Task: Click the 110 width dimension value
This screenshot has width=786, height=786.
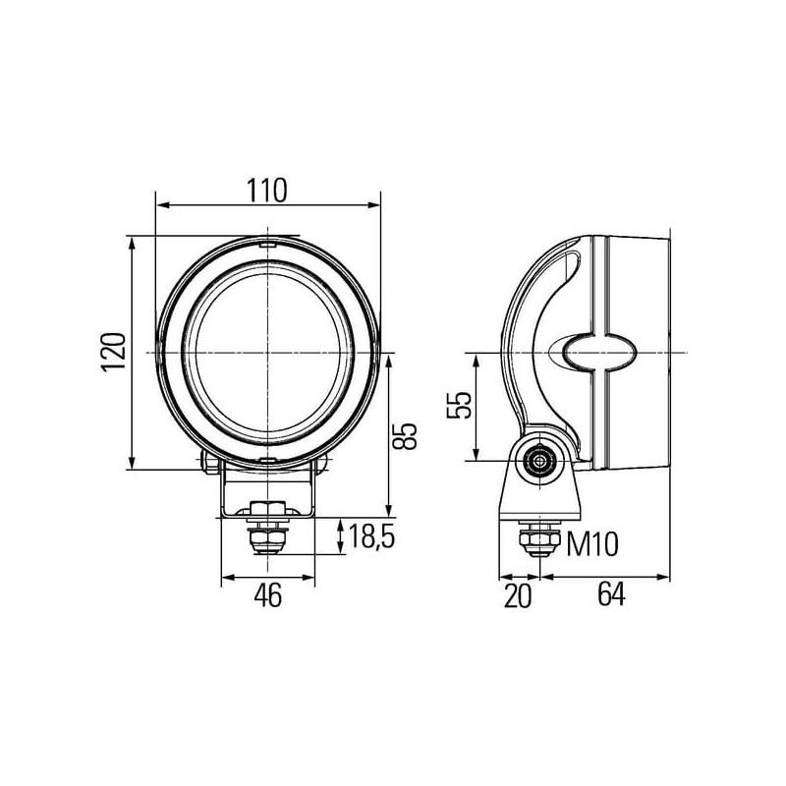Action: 267,190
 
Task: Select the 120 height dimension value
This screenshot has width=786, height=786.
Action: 113,352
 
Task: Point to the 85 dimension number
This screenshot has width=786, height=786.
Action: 405,436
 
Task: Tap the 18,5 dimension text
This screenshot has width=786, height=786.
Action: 371,535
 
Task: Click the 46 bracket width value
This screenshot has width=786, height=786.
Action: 268,595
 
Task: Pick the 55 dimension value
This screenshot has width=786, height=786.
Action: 459,405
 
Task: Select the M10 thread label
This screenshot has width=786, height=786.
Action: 592,544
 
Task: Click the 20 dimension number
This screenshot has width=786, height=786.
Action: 518,596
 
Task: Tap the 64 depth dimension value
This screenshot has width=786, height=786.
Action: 611,595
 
